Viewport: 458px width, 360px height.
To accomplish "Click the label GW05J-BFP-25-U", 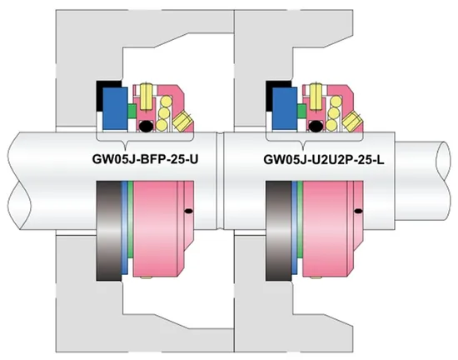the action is tap(145, 159).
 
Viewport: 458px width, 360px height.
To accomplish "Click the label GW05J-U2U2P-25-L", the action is tap(324, 159).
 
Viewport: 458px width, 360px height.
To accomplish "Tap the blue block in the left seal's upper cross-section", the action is tap(115, 108).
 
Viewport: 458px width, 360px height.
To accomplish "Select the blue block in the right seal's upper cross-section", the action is tap(285, 108).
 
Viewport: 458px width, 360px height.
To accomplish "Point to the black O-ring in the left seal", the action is tap(146, 126).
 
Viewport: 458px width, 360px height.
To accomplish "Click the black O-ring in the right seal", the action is tap(315, 126).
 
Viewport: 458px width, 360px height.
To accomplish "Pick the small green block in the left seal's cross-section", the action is tap(132, 111).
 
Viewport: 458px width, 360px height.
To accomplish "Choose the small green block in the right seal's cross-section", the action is tap(301, 111).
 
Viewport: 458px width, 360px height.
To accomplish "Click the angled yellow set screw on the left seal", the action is tap(182, 122).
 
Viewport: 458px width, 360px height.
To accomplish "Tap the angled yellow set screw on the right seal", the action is tap(351, 122).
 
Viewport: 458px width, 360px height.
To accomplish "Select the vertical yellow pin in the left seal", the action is tap(146, 96).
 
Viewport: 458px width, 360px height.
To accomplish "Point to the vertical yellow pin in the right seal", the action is tap(316, 96).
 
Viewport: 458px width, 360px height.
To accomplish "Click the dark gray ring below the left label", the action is tap(108, 231).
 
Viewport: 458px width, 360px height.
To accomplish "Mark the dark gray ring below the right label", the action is tap(278, 231).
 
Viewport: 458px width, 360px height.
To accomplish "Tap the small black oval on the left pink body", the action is tap(189, 211).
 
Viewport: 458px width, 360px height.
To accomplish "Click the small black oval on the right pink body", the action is tap(358, 211).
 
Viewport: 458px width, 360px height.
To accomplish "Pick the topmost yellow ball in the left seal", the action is tap(167, 102).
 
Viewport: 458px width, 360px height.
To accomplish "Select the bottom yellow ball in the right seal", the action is tap(331, 125).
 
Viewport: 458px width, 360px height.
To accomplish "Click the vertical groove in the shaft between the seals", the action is tap(220, 181).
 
